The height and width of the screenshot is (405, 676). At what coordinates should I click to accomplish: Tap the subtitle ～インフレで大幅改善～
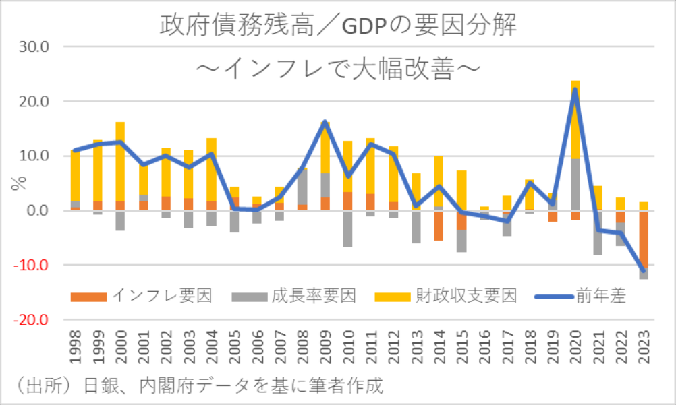pos(337,69)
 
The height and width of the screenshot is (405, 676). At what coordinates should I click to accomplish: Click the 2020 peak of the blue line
pos(575,90)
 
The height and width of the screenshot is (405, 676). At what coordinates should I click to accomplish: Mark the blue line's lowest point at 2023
pos(643,271)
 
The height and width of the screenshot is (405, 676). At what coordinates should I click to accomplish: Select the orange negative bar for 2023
pos(643,239)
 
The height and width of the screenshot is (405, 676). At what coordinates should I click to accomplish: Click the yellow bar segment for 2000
pos(120,162)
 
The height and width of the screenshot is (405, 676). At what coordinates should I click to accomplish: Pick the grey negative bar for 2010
pos(348,228)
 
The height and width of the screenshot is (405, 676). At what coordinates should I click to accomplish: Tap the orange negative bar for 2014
pos(439,225)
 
